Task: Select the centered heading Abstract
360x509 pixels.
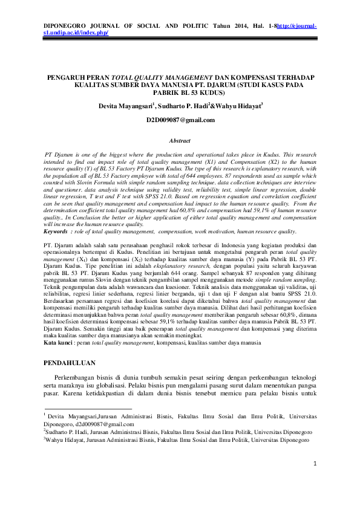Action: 180,140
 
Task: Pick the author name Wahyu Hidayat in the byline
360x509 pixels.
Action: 237,105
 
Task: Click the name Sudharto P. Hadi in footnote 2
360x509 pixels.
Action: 68,432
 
